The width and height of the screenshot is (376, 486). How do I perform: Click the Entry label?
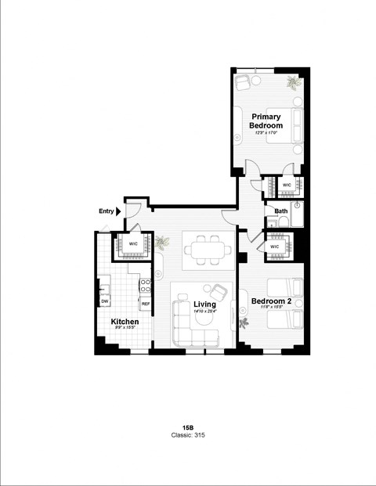[106, 211]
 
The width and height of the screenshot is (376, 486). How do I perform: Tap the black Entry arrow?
[118, 211]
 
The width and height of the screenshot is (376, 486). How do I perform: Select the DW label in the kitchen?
[104, 301]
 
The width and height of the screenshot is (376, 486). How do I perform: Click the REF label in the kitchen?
[145, 302]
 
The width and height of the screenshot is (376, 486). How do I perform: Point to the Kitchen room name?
[125, 322]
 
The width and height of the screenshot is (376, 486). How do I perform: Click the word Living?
[204, 305]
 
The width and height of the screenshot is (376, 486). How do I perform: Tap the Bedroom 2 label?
[270, 300]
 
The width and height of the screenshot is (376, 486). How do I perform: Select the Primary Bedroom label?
[266, 121]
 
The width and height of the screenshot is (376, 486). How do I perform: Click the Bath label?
[280, 211]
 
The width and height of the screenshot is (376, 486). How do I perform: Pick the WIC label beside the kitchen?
[134, 243]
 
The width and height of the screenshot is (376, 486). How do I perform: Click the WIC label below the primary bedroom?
[287, 185]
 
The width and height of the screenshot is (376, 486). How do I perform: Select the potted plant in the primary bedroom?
[293, 81]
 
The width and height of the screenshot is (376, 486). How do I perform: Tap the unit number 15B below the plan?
[188, 427]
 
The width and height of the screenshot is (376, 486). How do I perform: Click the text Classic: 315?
[188, 435]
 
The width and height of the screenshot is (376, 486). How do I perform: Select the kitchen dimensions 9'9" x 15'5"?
[125, 329]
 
